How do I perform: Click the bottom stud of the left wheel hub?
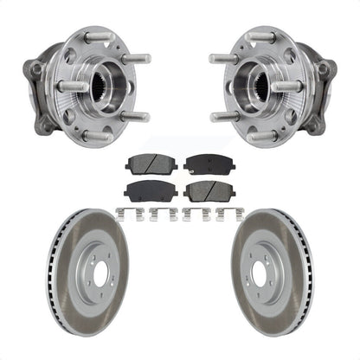97,136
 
